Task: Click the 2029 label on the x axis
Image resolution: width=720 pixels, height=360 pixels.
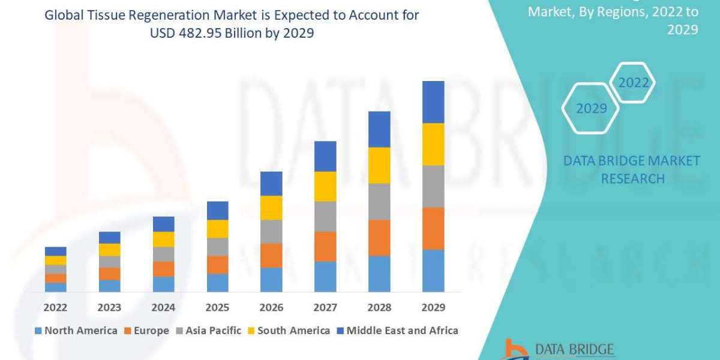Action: pos(433,307)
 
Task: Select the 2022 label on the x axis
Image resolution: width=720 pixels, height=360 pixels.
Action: pos(55,307)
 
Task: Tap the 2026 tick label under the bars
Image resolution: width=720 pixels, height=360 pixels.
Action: pos(271,307)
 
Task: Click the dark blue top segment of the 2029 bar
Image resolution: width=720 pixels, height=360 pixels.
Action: pos(433,102)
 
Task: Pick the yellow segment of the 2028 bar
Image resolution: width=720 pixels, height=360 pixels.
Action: pos(379,165)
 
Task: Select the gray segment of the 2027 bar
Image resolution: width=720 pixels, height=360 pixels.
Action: pos(325,216)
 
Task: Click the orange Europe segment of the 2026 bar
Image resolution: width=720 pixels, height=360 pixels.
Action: pos(271,255)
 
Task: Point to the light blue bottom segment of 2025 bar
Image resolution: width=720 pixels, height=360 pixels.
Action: pos(217,283)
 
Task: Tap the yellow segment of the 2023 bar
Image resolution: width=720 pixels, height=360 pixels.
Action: pos(109,250)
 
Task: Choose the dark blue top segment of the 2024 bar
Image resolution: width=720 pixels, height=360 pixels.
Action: pos(163,224)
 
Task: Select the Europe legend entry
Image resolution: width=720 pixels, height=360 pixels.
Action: pos(147,330)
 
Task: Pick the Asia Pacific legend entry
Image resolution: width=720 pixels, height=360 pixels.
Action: pos(208,330)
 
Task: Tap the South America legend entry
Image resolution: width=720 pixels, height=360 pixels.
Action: pos(288,330)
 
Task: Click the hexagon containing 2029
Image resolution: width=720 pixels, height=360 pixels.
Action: pos(590,109)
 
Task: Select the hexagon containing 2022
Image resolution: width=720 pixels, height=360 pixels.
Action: pos(634,83)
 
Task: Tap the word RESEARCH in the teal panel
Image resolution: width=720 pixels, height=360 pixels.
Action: pos(632,179)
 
